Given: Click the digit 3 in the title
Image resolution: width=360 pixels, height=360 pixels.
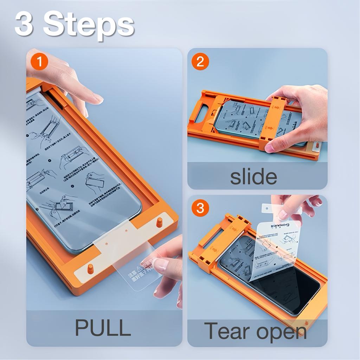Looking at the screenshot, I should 24,24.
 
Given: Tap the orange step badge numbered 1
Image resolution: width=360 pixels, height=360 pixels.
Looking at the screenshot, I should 39,62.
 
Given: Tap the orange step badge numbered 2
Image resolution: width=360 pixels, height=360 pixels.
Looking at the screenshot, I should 200,62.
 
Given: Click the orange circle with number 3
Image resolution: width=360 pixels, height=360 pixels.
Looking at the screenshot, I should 200,208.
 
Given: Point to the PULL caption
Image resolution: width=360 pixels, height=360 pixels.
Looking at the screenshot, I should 103,328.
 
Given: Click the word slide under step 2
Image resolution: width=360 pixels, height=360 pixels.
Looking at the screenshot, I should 253,177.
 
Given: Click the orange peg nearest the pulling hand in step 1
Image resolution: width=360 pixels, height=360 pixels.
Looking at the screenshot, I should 159,222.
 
